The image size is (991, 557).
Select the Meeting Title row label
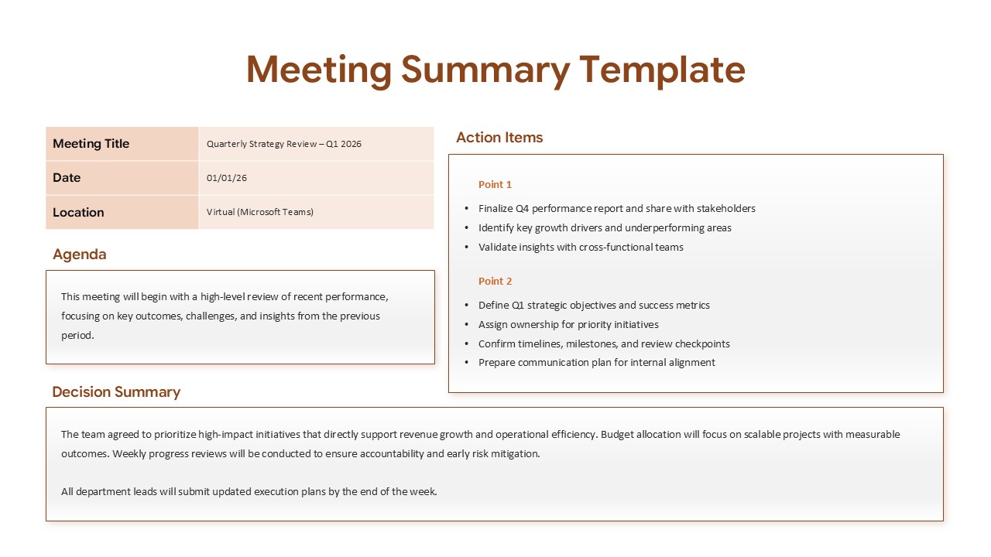pos(91,144)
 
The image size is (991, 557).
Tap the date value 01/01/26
pos(227,178)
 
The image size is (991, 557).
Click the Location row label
pos(78,212)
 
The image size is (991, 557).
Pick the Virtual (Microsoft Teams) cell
pos(260,212)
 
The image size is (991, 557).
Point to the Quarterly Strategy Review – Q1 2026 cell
pos(284,144)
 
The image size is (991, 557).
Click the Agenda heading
pos(80,255)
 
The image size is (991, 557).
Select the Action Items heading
pos(499,138)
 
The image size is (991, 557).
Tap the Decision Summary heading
pos(116,392)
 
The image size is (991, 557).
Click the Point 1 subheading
pos(495,185)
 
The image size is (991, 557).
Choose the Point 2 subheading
pos(495,282)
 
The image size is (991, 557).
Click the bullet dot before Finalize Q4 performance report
pos(467,209)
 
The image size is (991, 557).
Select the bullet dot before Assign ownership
pos(467,325)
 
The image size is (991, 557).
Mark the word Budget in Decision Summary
pos(619,435)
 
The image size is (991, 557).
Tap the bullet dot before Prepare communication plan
pos(467,363)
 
